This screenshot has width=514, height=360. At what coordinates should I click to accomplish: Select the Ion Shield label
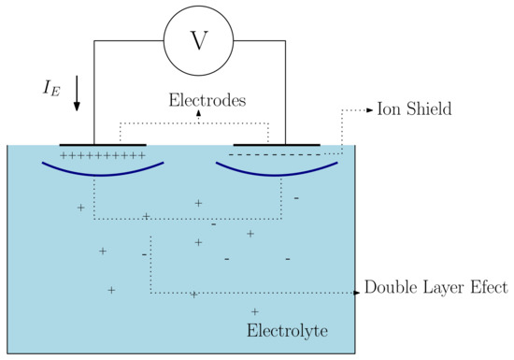pos(414,109)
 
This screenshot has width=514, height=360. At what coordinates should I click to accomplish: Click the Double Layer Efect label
pos(435,288)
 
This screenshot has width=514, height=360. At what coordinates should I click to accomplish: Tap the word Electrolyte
pos(287,331)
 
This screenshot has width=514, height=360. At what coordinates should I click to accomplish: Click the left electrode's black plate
pos(103,145)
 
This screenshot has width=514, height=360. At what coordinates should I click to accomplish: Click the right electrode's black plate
pos(277,145)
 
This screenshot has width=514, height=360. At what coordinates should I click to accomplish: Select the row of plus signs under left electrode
pos(102,155)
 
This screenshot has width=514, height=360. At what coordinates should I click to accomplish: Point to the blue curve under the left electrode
pos(103,173)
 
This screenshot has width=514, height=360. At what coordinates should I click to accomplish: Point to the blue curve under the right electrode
pos(277,173)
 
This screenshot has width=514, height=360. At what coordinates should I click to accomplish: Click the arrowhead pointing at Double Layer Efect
pos(356,293)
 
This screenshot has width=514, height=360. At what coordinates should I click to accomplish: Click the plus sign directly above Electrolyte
pos(255,310)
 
